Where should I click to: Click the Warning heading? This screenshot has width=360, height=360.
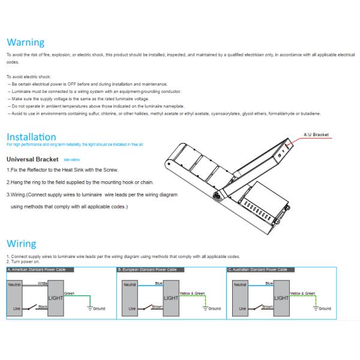click(25, 43)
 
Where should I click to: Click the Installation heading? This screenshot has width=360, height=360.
click(31, 137)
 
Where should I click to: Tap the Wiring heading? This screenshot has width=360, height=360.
click(21, 244)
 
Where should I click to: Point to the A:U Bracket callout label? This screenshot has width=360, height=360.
click(317, 135)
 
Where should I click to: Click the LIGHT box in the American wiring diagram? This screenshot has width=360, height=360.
click(55, 296)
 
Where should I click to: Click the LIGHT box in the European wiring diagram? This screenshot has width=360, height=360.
click(171, 297)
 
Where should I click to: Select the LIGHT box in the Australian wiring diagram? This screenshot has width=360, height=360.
click(281, 297)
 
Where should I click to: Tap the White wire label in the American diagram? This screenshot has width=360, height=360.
click(43, 281)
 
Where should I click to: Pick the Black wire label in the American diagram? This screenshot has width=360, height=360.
click(43, 307)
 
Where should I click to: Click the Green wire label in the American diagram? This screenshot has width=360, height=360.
click(69, 293)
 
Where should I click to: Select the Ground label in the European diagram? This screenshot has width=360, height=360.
click(214, 309)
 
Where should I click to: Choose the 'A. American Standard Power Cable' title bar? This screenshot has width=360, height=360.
click(41, 271)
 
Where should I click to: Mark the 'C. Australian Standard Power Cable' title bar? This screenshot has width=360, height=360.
click(261, 271)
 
